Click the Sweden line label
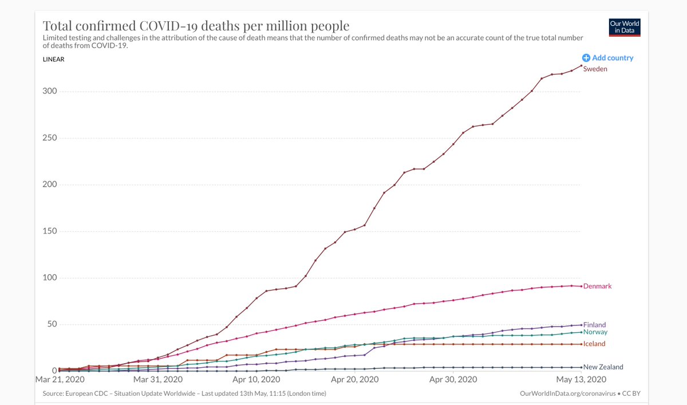(595, 69)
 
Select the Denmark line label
(597, 286)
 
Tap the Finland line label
(594, 325)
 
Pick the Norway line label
(595, 332)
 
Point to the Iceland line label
(594, 344)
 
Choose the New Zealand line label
(603, 367)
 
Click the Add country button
(608, 58)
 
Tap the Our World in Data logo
(625, 27)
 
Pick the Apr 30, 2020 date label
(453, 379)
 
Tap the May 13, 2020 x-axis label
(581, 379)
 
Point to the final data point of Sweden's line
(582, 65)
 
